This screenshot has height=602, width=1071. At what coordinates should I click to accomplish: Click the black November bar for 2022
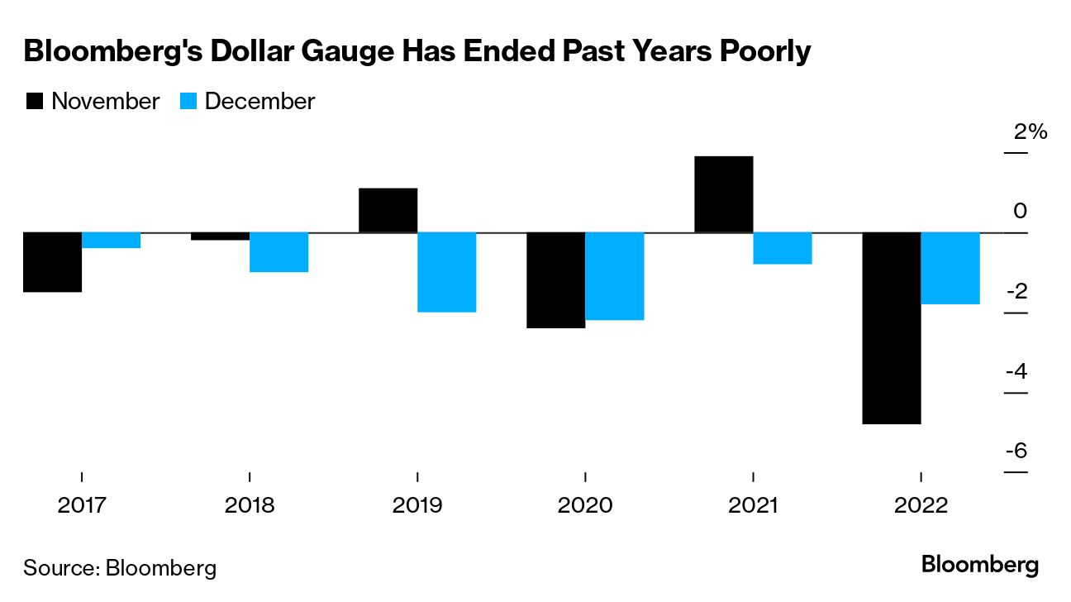(892, 328)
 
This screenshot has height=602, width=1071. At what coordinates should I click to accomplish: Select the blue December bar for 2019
(446, 272)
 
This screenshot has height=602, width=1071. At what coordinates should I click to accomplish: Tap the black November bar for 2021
(724, 194)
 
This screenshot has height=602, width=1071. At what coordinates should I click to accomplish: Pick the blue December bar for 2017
(111, 241)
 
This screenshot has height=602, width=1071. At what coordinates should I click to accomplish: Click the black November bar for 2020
(556, 280)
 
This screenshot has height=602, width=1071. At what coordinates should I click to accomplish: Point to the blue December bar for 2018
(278, 252)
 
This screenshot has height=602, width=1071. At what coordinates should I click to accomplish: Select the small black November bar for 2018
(220, 236)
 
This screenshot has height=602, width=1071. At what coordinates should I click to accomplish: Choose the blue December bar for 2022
(950, 269)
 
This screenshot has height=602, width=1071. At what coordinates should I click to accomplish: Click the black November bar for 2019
(388, 211)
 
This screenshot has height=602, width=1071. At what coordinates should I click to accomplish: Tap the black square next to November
(35, 102)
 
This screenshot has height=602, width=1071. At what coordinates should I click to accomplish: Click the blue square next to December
(188, 102)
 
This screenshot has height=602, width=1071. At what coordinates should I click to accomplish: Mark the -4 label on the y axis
(1016, 371)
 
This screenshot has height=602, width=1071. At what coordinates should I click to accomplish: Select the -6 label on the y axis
(1016, 451)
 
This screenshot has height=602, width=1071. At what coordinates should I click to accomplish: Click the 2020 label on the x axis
(585, 505)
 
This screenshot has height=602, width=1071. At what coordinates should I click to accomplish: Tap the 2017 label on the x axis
(82, 505)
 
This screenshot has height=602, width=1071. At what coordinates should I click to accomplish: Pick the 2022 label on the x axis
(921, 505)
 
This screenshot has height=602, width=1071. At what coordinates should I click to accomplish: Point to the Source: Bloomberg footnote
(120, 568)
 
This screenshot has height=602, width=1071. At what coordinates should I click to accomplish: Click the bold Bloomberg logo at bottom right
(980, 566)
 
